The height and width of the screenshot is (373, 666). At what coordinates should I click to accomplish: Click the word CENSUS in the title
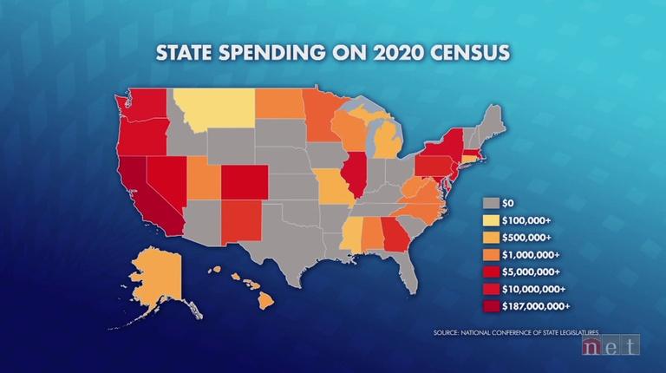[x=471, y=53]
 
